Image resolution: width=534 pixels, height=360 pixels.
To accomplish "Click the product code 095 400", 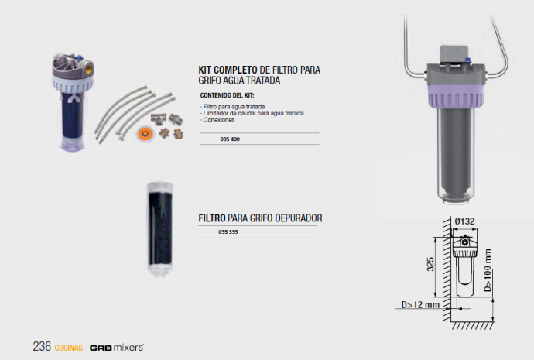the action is coord(230,139).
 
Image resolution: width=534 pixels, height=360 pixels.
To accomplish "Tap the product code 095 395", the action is coord(228,232).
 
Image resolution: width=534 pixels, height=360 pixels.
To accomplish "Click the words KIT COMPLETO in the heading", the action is coord(228,70).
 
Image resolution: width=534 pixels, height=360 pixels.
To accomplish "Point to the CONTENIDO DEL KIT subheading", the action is coord(228,95).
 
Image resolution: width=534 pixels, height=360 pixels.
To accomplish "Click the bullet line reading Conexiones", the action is coord(218,120).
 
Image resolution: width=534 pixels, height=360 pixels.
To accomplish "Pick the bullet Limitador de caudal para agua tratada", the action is coord(252,113).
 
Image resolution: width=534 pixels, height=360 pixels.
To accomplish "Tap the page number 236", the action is coord(42,346).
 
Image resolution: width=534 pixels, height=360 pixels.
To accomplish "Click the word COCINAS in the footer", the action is coord(68,348).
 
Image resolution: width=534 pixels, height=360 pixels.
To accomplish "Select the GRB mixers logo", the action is coord(117,348).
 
